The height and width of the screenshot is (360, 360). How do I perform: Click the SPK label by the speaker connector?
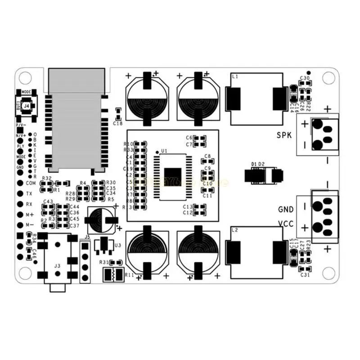285,135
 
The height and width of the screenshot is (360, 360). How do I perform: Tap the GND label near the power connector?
286,209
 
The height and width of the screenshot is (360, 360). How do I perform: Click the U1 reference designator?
164,151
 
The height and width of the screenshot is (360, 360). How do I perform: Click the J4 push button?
27,106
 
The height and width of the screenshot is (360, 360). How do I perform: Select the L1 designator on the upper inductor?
234,77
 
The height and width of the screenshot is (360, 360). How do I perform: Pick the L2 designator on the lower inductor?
234,230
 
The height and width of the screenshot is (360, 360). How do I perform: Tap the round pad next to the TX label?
20,193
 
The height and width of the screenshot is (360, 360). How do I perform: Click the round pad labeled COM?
20,183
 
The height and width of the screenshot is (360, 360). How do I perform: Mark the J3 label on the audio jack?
57,266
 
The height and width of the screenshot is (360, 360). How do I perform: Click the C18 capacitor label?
118,123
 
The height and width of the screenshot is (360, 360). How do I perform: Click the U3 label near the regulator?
118,245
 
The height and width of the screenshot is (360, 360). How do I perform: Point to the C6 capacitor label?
189,138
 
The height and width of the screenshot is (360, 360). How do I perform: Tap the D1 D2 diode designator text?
258,164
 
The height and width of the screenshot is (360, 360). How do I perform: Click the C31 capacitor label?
305,275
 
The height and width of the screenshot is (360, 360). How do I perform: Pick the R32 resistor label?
46,179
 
